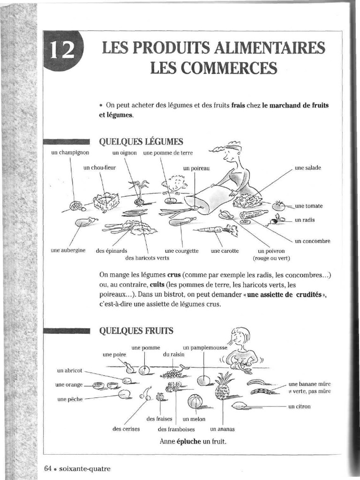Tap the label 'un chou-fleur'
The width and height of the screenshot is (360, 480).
tap(99, 167)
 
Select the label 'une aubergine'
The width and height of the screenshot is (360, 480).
tap(68, 251)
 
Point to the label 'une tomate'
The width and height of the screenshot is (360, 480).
tap(308, 206)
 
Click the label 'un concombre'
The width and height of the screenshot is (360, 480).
tap(312, 241)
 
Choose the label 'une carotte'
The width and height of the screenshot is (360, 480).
tap(225, 251)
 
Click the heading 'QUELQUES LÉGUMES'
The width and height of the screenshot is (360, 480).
tap(141, 141)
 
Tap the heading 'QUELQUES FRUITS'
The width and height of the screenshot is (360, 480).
tap(136, 331)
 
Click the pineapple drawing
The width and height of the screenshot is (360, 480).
tap(223, 386)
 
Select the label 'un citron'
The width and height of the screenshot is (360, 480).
tap(299, 406)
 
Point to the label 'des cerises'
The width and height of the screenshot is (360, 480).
tap(126, 429)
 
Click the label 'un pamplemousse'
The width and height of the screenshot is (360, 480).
tap(205, 348)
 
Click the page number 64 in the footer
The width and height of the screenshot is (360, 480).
tap(47, 468)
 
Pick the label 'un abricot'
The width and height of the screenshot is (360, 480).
tap(69, 370)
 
